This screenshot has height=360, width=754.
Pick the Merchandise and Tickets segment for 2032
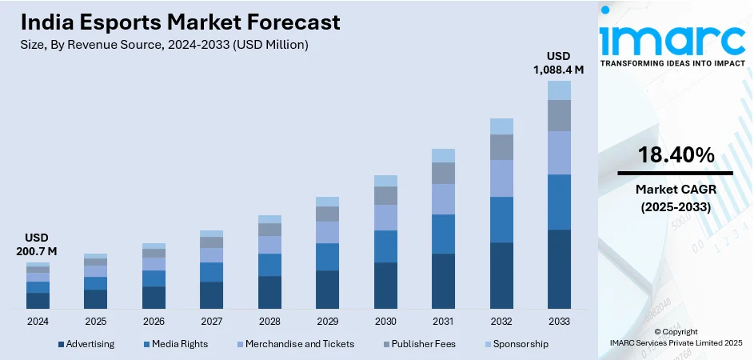click(x=501, y=178)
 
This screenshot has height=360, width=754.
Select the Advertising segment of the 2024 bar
click(x=38, y=300)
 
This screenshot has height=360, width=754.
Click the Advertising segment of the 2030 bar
click(x=385, y=285)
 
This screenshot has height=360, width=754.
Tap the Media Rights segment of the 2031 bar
click(x=443, y=234)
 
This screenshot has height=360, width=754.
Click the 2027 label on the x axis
click(x=211, y=321)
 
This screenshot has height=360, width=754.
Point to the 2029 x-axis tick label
click(x=327, y=321)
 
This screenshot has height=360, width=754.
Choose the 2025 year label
click(x=95, y=321)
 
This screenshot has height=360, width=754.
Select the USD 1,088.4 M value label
click(x=559, y=63)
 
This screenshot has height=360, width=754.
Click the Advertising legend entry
click(x=86, y=344)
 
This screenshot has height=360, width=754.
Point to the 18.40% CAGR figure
click(x=676, y=156)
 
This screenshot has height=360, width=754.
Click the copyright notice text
click(x=676, y=337)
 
